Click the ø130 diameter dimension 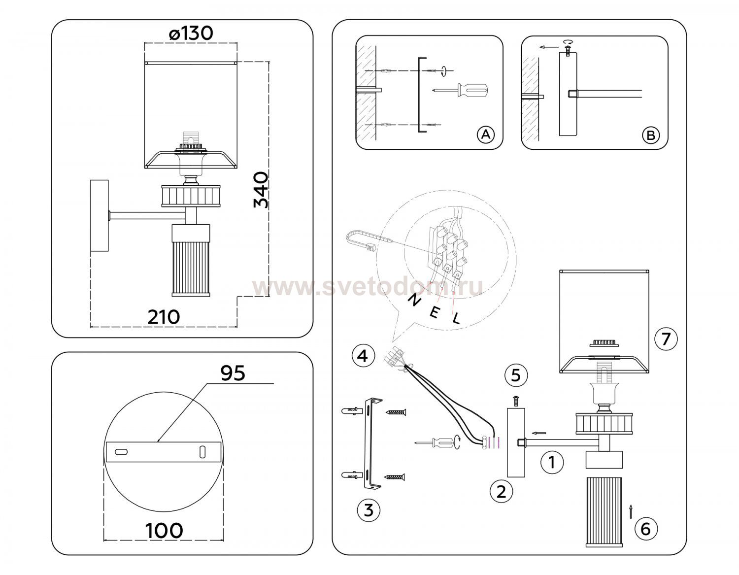click(191, 34)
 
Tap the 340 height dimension click(261, 190)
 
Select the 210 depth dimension click(164, 317)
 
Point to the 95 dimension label click(233, 373)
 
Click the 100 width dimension click(164, 530)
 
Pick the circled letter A click(486, 135)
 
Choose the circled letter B click(651, 135)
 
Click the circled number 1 click(552, 462)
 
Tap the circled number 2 click(502, 491)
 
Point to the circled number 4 click(363, 356)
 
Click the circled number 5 click(516, 375)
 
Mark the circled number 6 click(646, 529)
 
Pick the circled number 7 click(666, 338)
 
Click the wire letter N click(414, 300)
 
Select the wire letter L click(456, 318)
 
